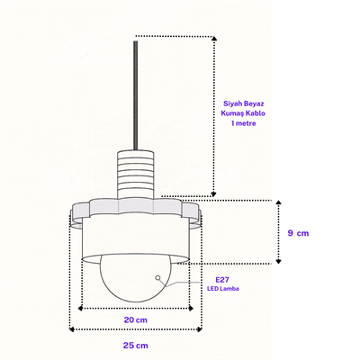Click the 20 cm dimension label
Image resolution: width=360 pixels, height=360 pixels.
[x=136, y=320]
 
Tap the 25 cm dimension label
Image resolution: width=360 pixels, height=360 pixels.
[x=136, y=346]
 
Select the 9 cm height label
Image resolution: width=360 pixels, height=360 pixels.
[x=298, y=233]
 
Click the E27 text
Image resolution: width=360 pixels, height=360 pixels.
[x=222, y=280]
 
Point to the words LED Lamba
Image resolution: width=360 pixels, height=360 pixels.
[x=223, y=289]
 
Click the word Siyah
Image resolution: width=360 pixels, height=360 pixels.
[x=232, y=103]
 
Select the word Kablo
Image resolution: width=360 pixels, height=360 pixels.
[x=256, y=113]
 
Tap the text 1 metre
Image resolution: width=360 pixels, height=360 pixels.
[x=244, y=123]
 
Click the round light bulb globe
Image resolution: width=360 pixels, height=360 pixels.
[x=136, y=278]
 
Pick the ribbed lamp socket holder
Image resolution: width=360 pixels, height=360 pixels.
[x=136, y=175]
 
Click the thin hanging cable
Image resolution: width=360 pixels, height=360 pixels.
[x=136, y=95]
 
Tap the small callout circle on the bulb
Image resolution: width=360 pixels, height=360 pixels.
[x=157, y=278]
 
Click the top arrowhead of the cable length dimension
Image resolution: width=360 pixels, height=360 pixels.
[x=214, y=39]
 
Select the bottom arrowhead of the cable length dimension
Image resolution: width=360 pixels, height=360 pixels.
[x=213, y=193]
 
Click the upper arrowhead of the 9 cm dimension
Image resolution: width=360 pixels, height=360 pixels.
[x=279, y=202]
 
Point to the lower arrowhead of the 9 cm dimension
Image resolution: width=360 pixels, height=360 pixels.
[x=279, y=261]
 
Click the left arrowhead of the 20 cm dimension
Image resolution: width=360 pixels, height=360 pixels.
[x=80, y=308]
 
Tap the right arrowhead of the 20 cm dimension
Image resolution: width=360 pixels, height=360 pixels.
[x=191, y=308]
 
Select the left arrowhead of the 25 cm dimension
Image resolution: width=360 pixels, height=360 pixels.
[x=71, y=329]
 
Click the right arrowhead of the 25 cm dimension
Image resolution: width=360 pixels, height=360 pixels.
[x=199, y=329]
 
